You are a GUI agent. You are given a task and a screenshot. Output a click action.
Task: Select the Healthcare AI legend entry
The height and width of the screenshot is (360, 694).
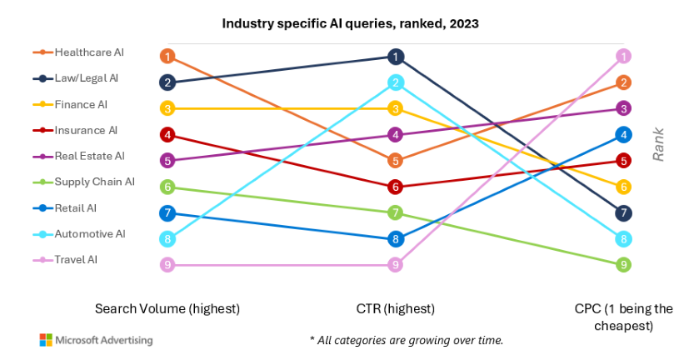pyautogui.click(x=89, y=52)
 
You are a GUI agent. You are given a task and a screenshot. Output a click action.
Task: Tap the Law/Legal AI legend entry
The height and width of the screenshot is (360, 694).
pyautogui.click(x=87, y=78)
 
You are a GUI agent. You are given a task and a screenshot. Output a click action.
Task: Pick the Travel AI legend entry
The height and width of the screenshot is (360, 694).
pyautogui.click(x=77, y=260)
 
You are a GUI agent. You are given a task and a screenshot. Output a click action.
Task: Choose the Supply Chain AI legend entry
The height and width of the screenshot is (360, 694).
pyautogui.click(x=94, y=182)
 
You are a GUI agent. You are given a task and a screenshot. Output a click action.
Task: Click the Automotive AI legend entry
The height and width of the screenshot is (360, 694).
pyautogui.click(x=90, y=234)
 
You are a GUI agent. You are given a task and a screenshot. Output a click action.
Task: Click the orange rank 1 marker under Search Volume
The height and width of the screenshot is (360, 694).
pyautogui.click(x=167, y=57)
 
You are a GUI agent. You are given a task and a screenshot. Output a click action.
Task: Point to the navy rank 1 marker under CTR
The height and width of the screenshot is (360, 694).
pyautogui.click(x=396, y=57)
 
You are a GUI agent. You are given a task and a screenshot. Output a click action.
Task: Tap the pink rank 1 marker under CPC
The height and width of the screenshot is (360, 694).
pyautogui.click(x=623, y=57)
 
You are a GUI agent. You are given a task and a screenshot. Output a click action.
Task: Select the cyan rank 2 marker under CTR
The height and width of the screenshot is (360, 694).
pyautogui.click(x=396, y=82)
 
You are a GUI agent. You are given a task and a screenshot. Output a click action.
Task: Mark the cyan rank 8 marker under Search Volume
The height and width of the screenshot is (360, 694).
pyautogui.click(x=167, y=239)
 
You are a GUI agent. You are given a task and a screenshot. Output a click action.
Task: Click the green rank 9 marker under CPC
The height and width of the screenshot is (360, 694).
pyautogui.click(x=623, y=265)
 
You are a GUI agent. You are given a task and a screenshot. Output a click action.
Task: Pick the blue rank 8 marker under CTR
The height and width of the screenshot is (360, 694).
pyautogui.click(x=396, y=239)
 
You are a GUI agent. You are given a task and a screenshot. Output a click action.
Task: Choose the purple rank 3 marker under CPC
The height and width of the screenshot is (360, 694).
pyautogui.click(x=623, y=108)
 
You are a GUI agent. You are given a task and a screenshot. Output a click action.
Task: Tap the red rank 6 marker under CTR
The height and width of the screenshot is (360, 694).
pyautogui.click(x=396, y=187)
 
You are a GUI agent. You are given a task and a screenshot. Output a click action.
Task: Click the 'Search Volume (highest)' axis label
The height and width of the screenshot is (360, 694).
pyautogui.click(x=167, y=308)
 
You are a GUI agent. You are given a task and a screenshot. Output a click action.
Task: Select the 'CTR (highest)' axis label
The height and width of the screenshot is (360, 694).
pyautogui.click(x=396, y=308)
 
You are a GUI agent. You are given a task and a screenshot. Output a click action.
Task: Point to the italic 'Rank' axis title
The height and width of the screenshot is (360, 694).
pyautogui.click(x=658, y=143)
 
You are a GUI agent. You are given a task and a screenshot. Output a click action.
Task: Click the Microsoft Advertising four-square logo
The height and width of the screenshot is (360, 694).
pyautogui.click(x=46, y=340)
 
